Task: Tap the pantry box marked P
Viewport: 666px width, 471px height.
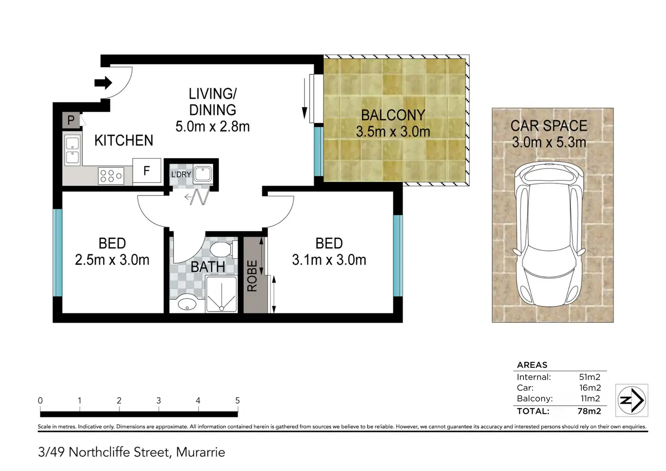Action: [71, 120]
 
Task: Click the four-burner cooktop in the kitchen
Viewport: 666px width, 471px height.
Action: [111, 176]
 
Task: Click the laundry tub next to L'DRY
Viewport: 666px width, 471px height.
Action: [203, 174]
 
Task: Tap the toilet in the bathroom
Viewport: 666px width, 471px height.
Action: [224, 249]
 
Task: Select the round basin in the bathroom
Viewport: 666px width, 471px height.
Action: [187, 303]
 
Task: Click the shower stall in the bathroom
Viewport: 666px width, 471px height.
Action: [222, 294]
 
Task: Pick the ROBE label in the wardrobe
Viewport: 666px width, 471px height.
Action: [252, 276]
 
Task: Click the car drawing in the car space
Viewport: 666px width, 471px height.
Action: [549, 235]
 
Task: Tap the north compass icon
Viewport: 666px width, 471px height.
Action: [632, 400]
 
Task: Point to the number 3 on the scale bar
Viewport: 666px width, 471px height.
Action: [158, 400]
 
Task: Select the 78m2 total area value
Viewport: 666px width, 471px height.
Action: [589, 411]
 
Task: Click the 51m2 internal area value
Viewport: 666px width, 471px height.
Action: [590, 377]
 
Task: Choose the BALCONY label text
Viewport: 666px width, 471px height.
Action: [393, 115]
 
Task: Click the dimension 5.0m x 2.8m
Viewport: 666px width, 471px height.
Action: [212, 126]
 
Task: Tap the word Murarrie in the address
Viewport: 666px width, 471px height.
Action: [200, 452]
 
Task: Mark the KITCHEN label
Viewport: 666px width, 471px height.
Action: [124, 140]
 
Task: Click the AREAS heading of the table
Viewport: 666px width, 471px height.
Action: [532, 365]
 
